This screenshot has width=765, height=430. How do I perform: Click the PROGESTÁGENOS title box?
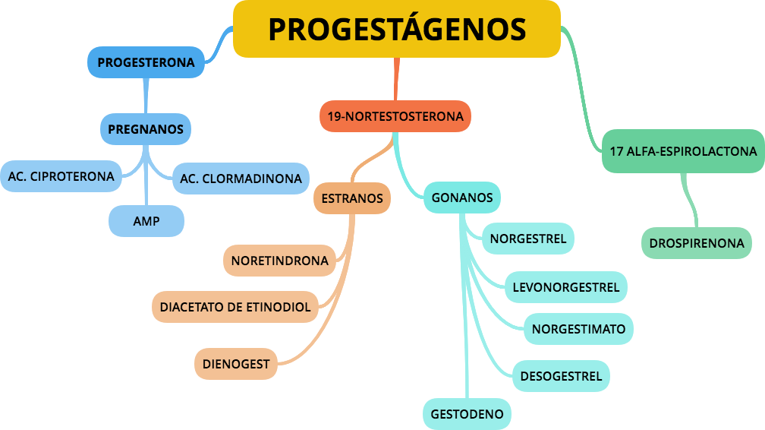(396, 29)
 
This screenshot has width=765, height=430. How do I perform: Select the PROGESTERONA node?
(146, 62)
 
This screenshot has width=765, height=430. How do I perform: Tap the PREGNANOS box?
(146, 129)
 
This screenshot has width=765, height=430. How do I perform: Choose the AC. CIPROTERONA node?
(61, 176)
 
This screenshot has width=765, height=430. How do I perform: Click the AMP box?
(146, 222)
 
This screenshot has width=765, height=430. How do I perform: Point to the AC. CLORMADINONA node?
(241, 179)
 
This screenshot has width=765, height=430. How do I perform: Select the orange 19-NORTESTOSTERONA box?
(395, 117)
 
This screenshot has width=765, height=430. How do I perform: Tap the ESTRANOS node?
(351, 198)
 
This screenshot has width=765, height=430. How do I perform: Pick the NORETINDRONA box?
(279, 261)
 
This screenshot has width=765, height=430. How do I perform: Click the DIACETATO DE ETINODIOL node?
(235, 308)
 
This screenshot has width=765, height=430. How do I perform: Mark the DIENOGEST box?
(235, 364)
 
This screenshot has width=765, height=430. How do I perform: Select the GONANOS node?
(461, 198)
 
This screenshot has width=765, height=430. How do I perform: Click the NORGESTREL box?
(527, 239)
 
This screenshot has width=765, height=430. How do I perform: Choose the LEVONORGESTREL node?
(565, 287)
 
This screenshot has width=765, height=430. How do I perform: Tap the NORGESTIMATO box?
(578, 329)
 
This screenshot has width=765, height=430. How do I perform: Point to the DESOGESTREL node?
(561, 376)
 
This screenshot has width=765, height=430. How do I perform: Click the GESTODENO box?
(467, 414)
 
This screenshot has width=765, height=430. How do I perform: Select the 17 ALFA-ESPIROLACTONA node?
(683, 151)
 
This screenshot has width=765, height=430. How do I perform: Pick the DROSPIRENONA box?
(696, 244)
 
